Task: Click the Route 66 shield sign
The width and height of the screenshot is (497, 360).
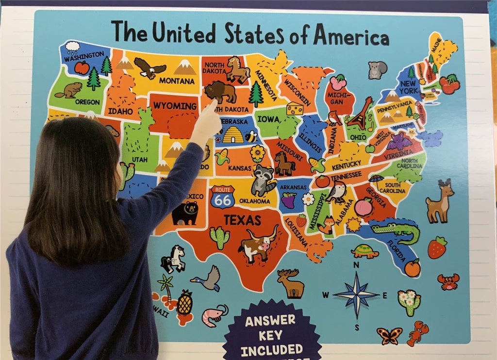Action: [222, 196]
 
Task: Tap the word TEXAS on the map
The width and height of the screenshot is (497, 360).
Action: [242, 220]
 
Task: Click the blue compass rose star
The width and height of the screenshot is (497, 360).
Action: [357, 294]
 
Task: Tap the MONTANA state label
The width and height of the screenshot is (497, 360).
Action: [177, 81]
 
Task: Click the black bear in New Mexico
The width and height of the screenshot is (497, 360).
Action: [185, 213]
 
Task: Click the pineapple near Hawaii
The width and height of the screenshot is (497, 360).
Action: [184, 303]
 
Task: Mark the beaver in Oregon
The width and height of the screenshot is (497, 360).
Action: [69, 90]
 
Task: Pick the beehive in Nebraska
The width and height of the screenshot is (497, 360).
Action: [233, 135]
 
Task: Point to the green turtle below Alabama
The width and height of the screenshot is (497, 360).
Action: [365, 251]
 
